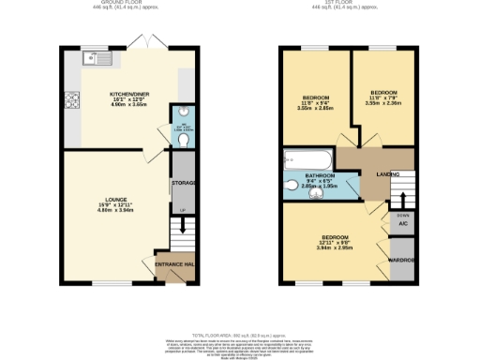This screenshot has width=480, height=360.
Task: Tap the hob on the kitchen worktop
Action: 70,99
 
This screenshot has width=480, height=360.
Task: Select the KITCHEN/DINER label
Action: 129,95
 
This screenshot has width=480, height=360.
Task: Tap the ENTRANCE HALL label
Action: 173,265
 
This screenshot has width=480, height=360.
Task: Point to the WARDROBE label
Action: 402,260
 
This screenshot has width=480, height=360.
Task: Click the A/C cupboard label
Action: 403,225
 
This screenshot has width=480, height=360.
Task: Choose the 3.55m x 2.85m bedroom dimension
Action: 316,109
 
